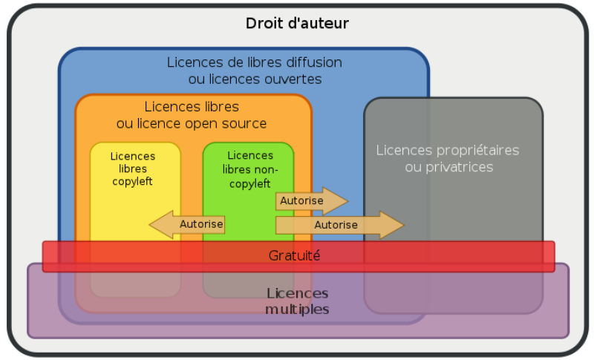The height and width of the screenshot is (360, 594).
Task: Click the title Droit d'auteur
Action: tap(297, 23)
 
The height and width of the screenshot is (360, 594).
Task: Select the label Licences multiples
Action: tap(298, 301)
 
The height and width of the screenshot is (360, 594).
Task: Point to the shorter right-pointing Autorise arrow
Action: tap(311, 201)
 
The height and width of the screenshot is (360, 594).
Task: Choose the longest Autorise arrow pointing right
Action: tap(339, 224)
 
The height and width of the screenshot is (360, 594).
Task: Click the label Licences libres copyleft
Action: tap(133, 168)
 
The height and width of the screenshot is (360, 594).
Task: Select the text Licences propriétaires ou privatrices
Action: tap(448, 158)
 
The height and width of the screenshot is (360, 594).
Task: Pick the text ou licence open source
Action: tap(192, 123)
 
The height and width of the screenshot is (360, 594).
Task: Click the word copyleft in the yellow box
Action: tap(133, 181)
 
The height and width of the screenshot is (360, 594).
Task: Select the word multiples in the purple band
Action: tap(298, 310)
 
